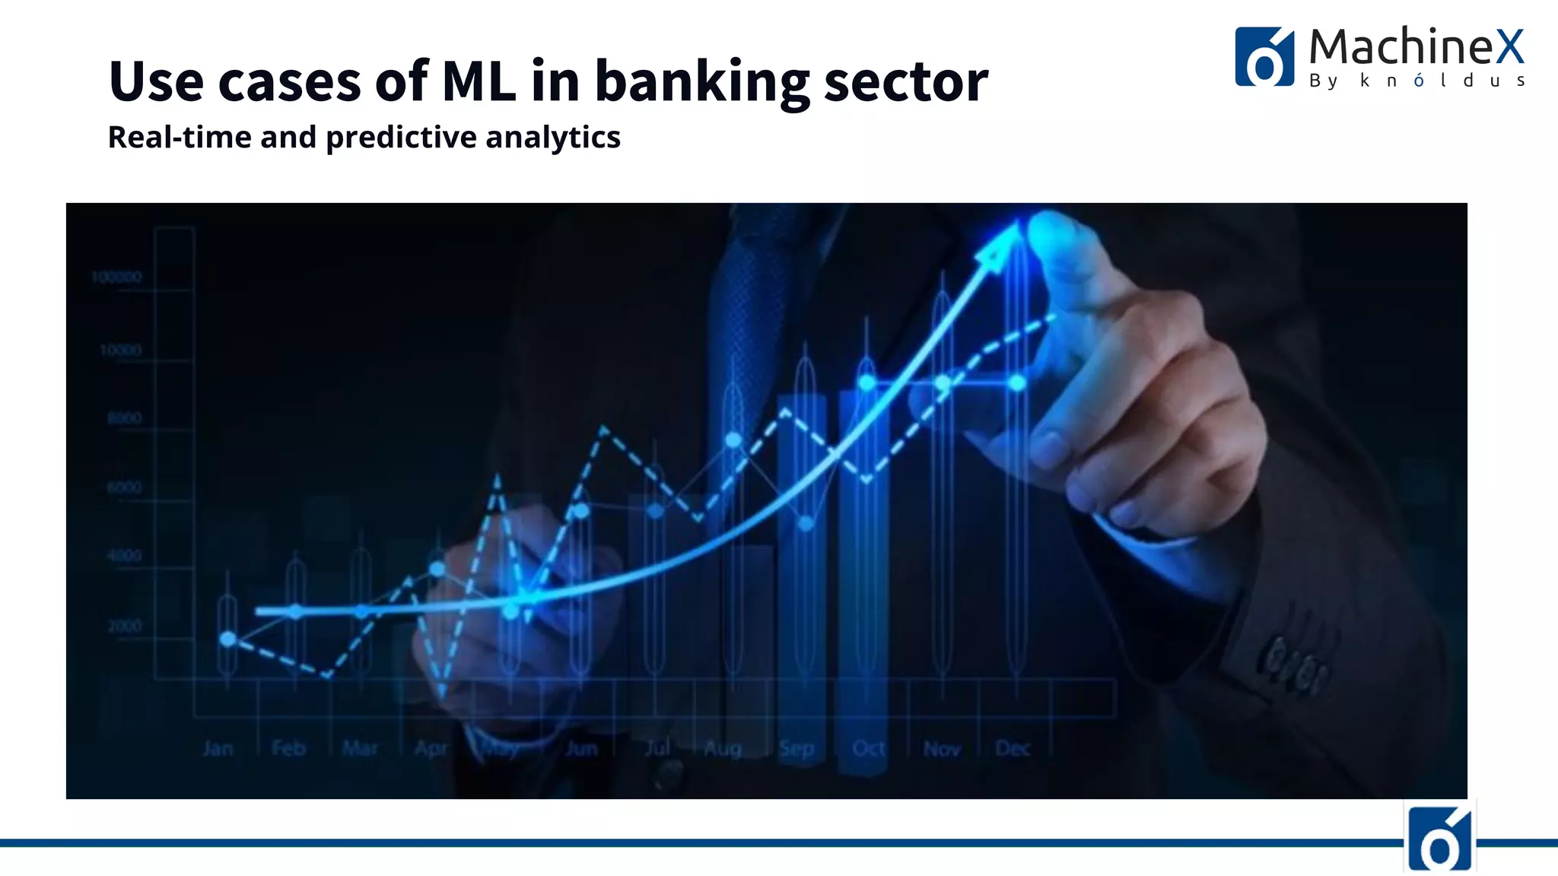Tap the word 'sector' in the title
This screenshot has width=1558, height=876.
905,82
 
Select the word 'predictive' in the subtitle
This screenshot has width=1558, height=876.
401,138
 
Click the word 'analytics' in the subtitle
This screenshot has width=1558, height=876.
553,138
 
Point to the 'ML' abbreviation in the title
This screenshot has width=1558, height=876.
478,81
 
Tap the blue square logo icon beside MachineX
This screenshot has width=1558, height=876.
1264,57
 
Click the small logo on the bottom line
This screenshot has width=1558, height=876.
1439,838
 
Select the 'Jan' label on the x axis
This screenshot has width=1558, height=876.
218,749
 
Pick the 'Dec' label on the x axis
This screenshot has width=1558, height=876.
1013,749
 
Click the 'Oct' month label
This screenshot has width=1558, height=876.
869,749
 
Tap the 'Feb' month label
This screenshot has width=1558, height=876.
289,749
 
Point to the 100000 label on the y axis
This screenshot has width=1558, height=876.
116,278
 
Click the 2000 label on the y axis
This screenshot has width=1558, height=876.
125,627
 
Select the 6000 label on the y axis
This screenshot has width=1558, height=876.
125,487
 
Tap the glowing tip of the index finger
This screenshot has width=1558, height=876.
1054,228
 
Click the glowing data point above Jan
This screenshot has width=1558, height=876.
227,639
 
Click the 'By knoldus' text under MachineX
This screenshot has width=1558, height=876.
1417,81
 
